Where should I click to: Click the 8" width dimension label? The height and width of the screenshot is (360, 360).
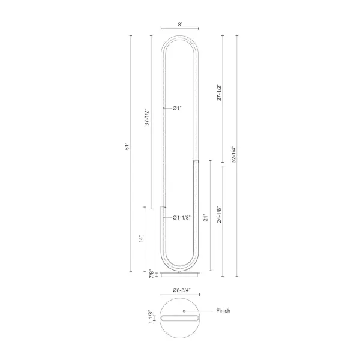(180, 25)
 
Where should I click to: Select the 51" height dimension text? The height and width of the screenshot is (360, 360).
(127, 147)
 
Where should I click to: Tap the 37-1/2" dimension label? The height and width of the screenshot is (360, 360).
(147, 118)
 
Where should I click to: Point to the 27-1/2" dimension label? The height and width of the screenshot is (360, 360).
(219, 92)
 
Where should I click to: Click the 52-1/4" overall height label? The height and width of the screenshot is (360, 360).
(234, 154)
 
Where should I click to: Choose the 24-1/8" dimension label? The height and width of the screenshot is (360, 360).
(219, 215)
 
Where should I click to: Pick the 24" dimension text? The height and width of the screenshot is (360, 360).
(205, 218)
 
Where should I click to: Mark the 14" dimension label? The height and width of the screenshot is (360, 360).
(141, 239)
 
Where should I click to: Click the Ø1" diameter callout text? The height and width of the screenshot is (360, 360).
(177, 108)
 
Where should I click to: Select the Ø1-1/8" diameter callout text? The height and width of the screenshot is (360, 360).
(182, 217)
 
